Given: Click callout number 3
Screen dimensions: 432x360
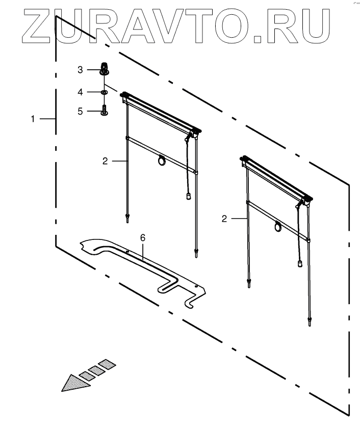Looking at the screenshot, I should (80, 70).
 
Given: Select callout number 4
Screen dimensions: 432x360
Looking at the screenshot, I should (80, 92).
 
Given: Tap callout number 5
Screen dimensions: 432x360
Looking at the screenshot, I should (80, 111).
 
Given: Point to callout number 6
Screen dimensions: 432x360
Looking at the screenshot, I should (143, 237).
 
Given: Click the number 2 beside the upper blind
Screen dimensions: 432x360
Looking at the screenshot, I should (105, 160).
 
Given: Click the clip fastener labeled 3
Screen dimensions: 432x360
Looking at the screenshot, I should (104, 68).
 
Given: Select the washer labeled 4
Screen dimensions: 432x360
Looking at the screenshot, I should (104, 92).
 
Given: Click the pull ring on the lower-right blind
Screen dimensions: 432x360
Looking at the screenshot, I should (278, 227).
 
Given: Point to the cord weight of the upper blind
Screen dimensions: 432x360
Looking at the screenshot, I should (188, 196).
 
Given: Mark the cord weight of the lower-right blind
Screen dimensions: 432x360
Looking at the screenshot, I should (301, 263).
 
